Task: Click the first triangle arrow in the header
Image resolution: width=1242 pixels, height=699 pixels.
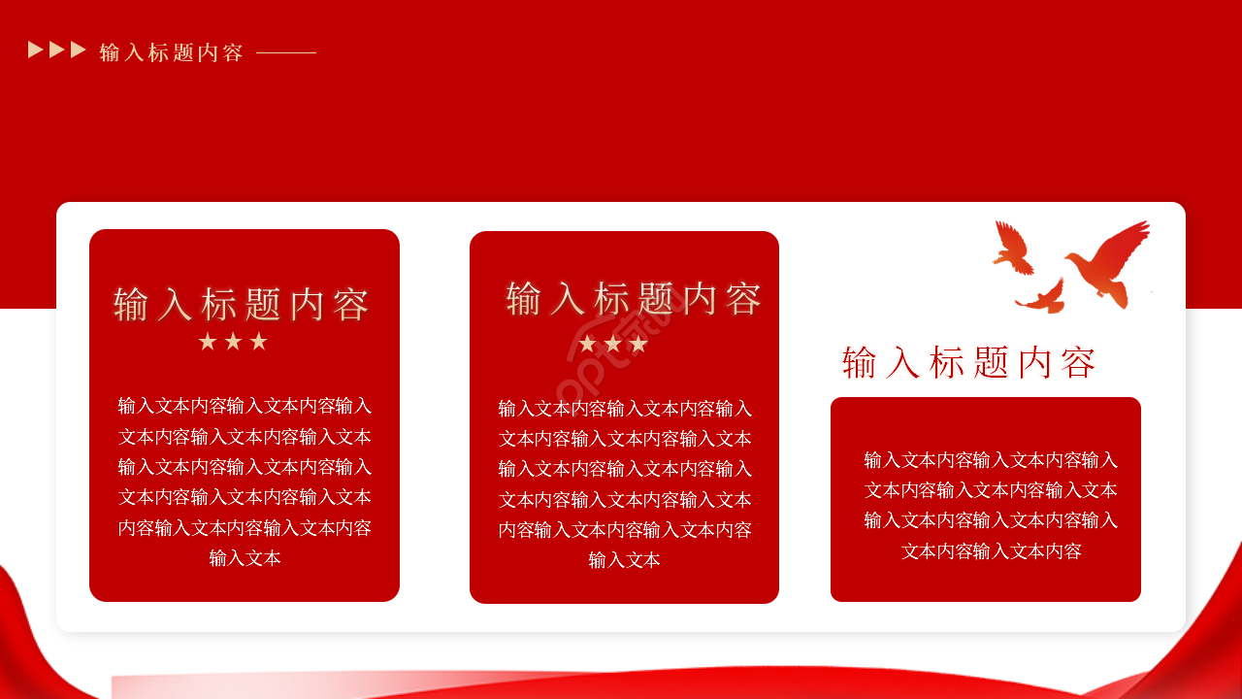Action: click(36, 50)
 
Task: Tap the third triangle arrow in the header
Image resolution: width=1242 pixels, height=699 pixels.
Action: click(79, 50)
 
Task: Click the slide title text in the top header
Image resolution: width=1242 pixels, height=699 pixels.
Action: click(171, 52)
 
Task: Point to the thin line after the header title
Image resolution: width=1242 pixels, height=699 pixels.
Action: click(286, 52)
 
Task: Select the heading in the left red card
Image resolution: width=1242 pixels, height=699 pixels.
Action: click(242, 305)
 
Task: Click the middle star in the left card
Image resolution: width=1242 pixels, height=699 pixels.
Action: click(233, 342)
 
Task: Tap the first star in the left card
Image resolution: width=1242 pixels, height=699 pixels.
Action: click(208, 342)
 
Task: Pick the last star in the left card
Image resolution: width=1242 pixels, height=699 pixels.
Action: click(258, 342)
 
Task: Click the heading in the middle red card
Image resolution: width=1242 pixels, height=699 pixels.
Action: click(634, 299)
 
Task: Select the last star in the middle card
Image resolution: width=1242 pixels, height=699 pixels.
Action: click(638, 345)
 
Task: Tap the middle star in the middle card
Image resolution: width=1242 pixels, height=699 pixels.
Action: click(613, 345)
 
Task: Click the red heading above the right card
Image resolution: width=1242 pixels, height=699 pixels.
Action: click(968, 363)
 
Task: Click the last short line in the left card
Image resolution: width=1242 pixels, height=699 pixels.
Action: click(245, 558)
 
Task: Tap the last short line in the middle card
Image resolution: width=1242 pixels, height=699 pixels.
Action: click(624, 560)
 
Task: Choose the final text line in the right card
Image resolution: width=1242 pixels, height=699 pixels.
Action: click(991, 551)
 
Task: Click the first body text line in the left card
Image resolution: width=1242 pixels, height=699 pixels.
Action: click(245, 406)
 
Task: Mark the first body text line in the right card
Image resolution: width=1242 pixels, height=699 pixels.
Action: click(991, 460)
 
